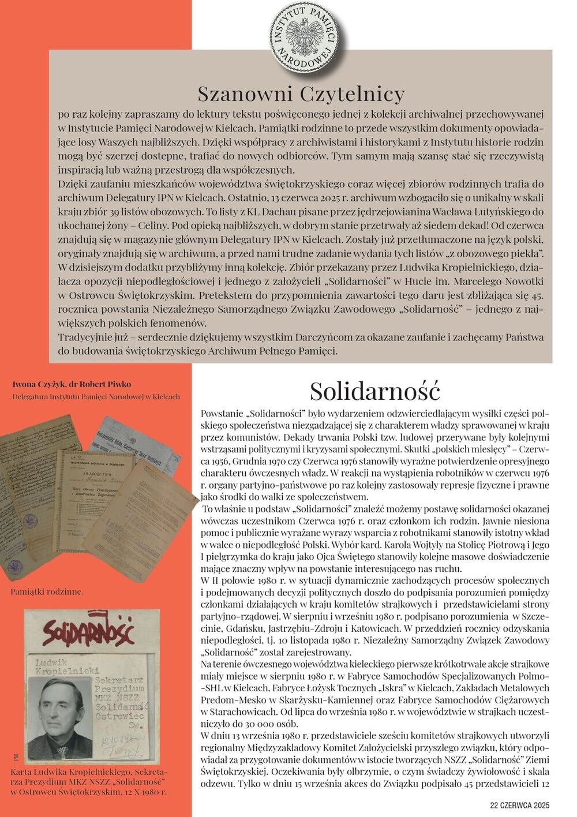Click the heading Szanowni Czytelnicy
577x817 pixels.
tap(301, 93)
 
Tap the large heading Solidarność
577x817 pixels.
tap(374, 391)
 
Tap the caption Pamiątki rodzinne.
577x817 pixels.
tap(47, 591)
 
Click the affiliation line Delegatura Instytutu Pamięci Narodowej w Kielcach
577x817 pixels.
tap(96, 397)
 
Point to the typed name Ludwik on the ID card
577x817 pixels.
tap(51, 662)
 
